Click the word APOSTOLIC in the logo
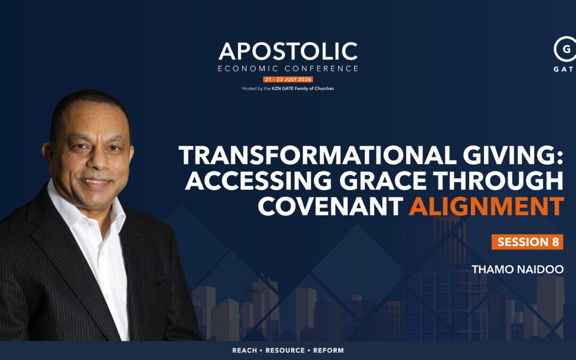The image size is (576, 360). (x=288, y=51)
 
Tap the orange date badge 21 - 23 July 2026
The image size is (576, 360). (x=288, y=79)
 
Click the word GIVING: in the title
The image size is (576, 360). (x=513, y=155)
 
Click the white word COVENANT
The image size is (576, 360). (x=331, y=206)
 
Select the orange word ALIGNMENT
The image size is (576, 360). (x=486, y=206)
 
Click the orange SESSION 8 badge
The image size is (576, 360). (x=527, y=242)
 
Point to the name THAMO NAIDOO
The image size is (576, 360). (x=517, y=269)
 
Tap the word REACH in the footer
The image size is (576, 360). (x=245, y=350)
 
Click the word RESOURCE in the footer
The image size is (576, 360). (x=285, y=350)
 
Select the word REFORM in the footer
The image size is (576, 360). (x=329, y=350)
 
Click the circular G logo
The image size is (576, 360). (x=565, y=49)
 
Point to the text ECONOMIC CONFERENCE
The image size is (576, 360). (x=288, y=68)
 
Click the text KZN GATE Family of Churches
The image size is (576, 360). (x=303, y=89)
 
